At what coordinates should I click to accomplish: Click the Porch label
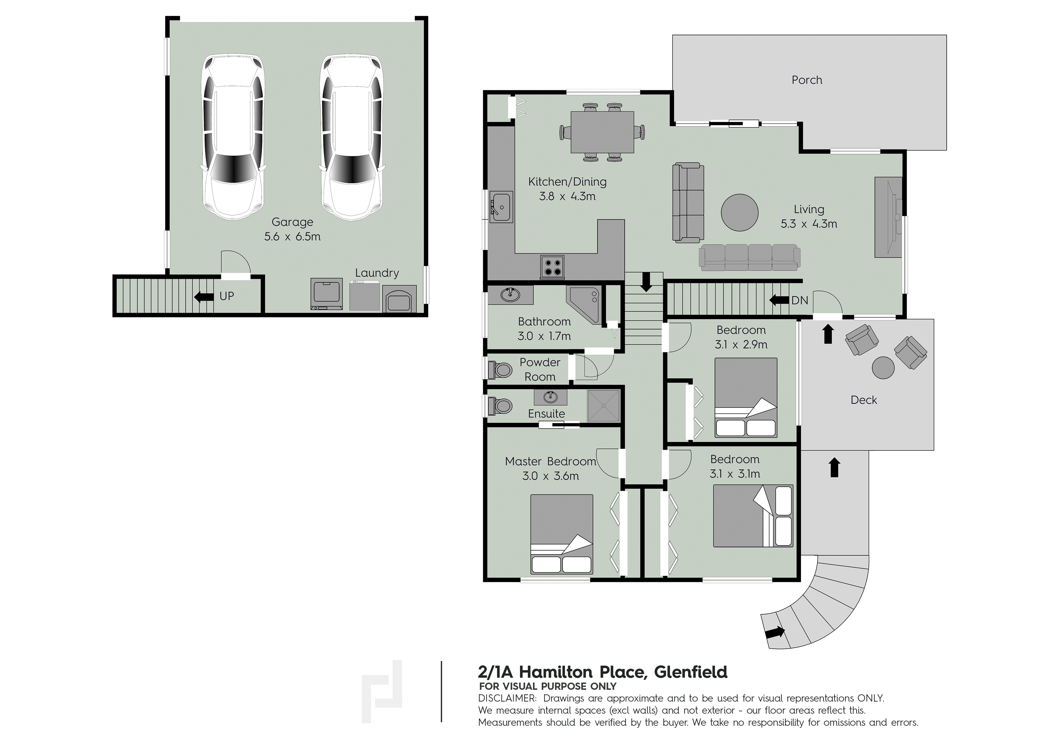(807, 80)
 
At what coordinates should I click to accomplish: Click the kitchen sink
(500, 207)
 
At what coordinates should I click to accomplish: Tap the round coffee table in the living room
(739, 212)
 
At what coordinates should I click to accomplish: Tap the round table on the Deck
(883, 368)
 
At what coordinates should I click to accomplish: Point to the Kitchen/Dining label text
(567, 182)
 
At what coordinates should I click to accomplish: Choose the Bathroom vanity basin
(510, 294)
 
